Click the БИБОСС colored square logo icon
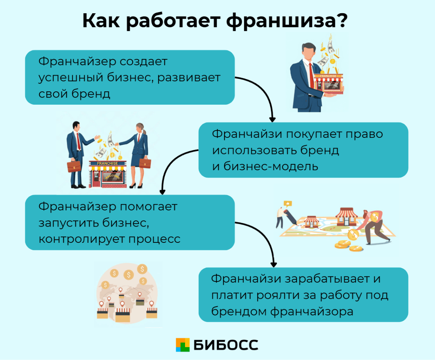click(x=182, y=345)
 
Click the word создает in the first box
click(x=143, y=62)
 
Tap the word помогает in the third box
click(x=149, y=206)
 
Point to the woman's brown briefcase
click(x=145, y=163)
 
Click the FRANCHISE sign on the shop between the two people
click(x=107, y=163)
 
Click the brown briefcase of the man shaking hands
click(x=74, y=167)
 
